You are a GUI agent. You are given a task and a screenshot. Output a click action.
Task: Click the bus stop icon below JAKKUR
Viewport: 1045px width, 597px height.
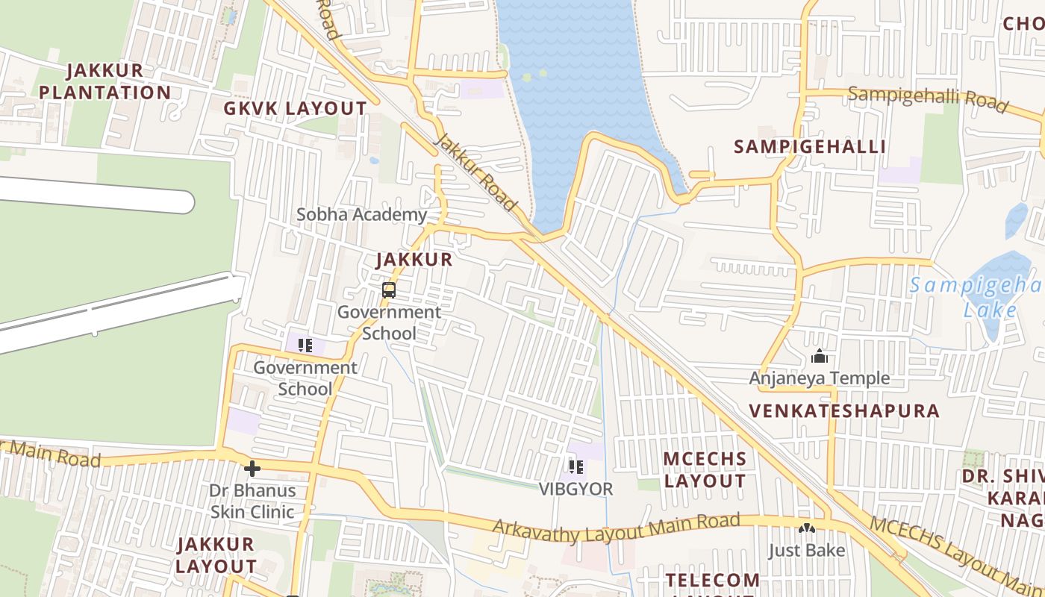(388, 290)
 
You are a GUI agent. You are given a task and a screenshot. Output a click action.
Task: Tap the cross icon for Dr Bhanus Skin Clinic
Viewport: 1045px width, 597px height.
(252, 469)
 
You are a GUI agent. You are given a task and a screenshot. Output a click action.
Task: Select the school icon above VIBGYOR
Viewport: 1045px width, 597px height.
(575, 467)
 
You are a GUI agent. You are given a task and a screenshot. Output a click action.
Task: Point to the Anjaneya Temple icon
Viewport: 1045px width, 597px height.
(820, 356)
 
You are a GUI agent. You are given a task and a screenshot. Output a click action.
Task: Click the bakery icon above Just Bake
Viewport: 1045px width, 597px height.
(806, 528)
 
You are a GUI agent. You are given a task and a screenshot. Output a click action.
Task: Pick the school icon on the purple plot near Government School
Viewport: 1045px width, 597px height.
(305, 346)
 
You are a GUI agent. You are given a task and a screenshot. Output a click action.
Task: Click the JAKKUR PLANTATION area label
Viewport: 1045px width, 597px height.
(104, 81)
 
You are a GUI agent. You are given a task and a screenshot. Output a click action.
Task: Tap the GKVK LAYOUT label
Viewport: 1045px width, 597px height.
(296, 108)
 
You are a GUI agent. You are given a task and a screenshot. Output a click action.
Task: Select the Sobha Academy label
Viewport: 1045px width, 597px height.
(362, 215)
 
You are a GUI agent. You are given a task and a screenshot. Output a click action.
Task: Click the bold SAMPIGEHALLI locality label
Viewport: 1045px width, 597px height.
(810, 146)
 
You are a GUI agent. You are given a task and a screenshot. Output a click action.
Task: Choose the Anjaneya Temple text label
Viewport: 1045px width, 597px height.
(820, 378)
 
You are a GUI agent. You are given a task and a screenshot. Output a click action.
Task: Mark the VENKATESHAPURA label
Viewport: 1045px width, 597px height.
(844, 410)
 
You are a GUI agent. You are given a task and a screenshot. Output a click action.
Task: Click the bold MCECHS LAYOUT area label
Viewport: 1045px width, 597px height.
(705, 469)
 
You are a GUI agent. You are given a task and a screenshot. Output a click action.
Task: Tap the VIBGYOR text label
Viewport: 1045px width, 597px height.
(575, 490)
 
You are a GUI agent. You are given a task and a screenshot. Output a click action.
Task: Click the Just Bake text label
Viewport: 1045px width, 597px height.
(807, 551)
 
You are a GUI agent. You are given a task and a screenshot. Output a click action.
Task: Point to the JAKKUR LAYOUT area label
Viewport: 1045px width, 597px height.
(216, 555)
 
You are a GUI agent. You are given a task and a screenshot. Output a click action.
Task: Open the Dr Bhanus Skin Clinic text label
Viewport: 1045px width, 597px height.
(252, 501)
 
